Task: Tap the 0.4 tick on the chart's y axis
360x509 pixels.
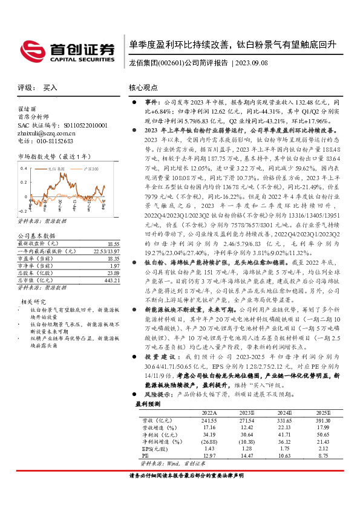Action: (24, 167)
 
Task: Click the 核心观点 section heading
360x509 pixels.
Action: (143, 88)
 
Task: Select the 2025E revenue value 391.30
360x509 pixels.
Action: (322, 420)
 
